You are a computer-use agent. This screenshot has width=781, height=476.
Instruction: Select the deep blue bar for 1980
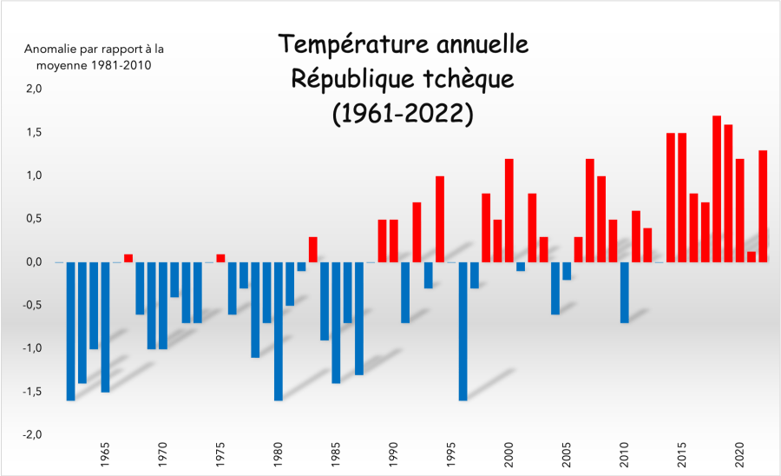point(279,331)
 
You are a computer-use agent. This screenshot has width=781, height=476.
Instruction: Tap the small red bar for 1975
point(220,257)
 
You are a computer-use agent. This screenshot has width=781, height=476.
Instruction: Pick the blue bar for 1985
point(336,322)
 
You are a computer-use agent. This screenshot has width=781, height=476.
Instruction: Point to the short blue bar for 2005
point(567,271)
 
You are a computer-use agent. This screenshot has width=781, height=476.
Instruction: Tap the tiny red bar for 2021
point(751,256)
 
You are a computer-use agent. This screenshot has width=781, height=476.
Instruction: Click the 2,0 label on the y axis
point(33,89)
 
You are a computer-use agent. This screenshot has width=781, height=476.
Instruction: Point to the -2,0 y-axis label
point(31,435)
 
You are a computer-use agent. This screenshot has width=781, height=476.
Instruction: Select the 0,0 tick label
point(33,262)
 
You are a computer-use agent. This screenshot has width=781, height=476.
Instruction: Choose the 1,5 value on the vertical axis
point(33,132)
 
